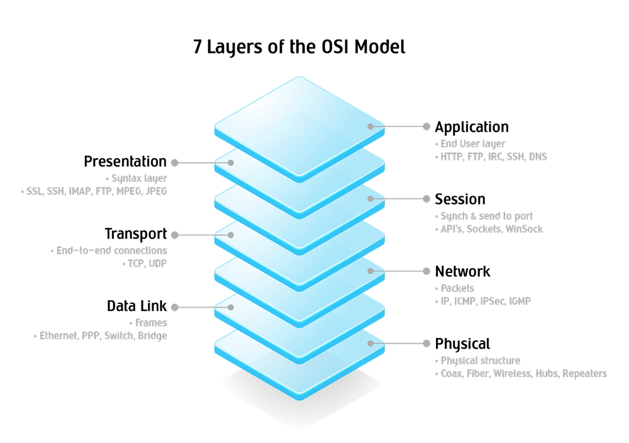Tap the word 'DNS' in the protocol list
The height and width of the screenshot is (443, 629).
(x=537, y=157)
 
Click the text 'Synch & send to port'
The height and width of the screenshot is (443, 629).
(x=486, y=216)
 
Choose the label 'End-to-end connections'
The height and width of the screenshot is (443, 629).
(x=111, y=250)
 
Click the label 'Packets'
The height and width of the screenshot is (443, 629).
(x=457, y=289)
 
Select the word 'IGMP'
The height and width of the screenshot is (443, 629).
(x=520, y=301)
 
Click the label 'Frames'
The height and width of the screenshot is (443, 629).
(x=151, y=323)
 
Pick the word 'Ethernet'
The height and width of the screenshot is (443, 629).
(x=58, y=335)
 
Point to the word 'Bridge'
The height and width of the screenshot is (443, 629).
(x=153, y=335)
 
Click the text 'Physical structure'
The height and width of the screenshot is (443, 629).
(x=480, y=361)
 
